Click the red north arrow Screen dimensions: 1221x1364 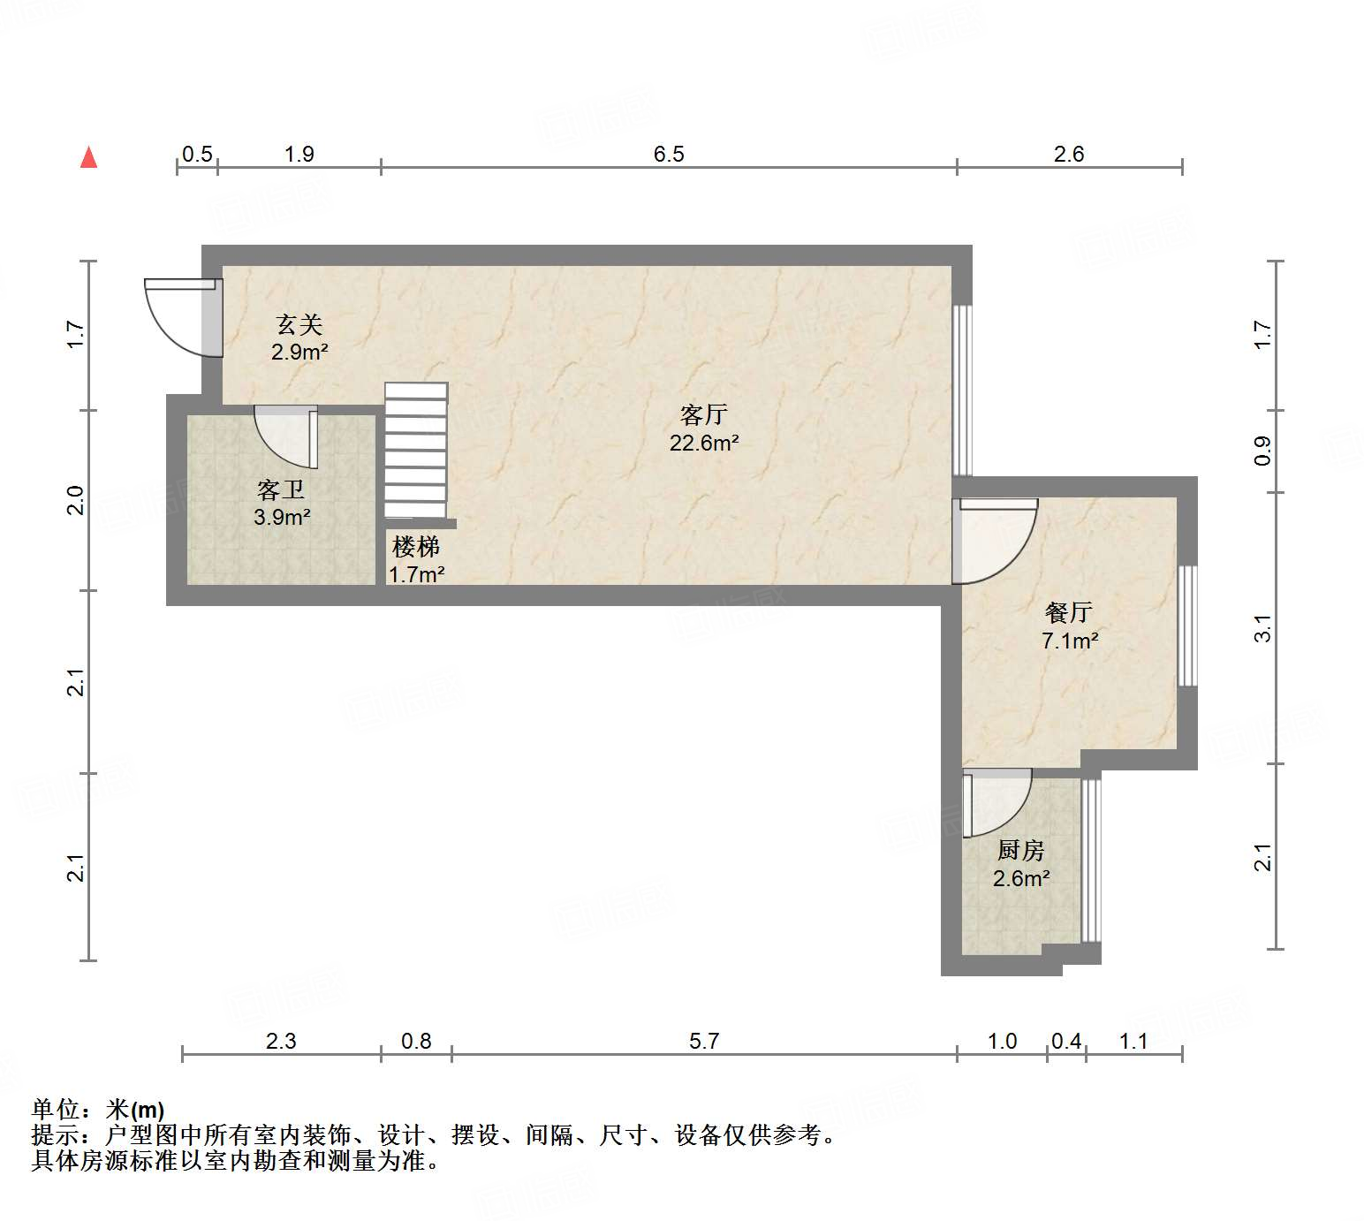(88, 157)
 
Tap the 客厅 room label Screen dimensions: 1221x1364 (703, 413)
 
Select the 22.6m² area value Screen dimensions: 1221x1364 (703, 443)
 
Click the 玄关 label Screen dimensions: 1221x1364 (299, 324)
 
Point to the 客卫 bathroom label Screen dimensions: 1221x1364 (281, 489)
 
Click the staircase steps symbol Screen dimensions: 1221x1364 (416, 450)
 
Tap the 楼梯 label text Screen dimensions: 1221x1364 (416, 547)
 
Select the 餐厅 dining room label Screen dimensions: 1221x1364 (1069, 611)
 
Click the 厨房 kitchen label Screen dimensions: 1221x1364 (1020, 850)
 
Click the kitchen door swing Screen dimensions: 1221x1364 (996, 803)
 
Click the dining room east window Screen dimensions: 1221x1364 (1188, 626)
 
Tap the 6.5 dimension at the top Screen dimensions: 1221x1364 (669, 155)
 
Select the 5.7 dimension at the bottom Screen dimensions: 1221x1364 (703, 1041)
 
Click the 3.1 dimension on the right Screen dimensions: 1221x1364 (1264, 628)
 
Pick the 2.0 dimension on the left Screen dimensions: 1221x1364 (77, 500)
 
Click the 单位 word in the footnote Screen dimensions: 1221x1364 (55, 1109)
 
